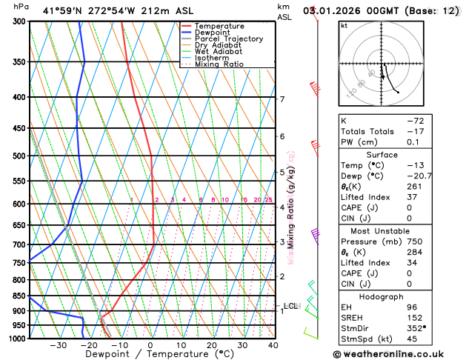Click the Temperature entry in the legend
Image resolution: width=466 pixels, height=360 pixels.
(x=221, y=26)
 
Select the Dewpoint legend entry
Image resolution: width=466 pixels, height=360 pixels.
(x=213, y=33)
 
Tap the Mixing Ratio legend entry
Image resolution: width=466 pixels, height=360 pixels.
(x=219, y=64)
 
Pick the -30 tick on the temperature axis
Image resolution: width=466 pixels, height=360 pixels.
(x=58, y=345)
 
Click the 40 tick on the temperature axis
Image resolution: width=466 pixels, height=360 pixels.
(x=273, y=345)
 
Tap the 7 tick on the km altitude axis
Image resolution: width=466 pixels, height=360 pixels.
(x=282, y=99)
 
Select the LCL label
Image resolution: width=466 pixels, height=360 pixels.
(x=290, y=306)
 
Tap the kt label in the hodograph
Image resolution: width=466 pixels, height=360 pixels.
(x=344, y=25)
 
